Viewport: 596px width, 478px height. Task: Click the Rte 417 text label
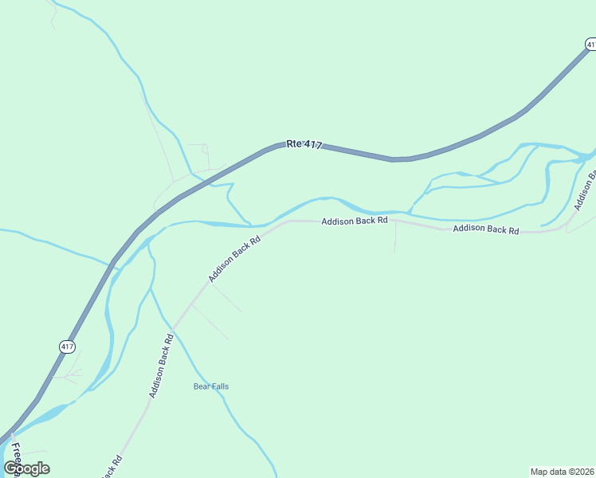click(x=304, y=144)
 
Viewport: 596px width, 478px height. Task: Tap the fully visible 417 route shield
click(x=66, y=346)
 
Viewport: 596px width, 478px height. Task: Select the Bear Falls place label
click(x=211, y=386)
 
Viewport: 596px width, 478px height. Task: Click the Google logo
click(x=26, y=468)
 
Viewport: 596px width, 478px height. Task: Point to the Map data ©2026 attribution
click(x=562, y=471)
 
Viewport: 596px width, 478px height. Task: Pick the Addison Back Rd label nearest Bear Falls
click(x=161, y=366)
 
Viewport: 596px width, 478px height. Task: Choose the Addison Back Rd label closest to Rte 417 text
click(x=355, y=221)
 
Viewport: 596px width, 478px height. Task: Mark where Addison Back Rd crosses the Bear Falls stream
click(x=173, y=329)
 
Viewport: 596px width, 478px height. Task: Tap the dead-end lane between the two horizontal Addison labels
click(x=395, y=237)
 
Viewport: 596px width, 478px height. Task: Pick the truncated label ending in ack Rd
click(x=112, y=466)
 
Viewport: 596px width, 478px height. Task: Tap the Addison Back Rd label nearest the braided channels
click(x=485, y=229)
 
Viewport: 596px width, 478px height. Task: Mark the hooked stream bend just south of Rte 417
click(x=229, y=188)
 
